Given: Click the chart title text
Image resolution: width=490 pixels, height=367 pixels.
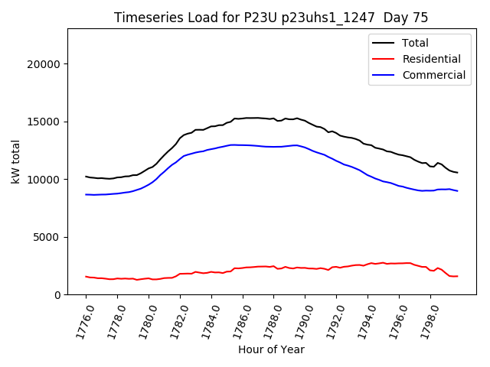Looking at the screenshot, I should pyautogui.click(x=271, y=18).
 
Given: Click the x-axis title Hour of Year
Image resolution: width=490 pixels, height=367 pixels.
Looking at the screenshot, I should pyautogui.click(x=271, y=349).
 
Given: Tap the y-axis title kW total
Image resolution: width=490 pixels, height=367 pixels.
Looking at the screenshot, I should pyautogui.click(x=15, y=161).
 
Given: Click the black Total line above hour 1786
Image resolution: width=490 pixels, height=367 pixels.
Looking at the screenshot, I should pyautogui.click(x=243, y=119).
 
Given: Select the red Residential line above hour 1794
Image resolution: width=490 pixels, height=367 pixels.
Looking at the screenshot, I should pyautogui.click(x=367, y=264).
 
